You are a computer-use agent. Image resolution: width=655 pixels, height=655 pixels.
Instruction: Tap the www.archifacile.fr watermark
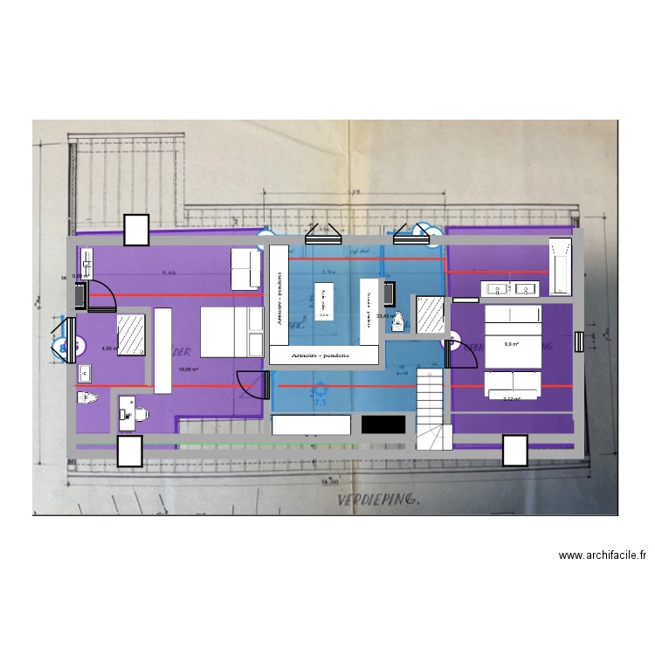[x=603, y=555]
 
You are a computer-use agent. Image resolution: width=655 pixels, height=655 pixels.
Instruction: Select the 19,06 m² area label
[x=188, y=369]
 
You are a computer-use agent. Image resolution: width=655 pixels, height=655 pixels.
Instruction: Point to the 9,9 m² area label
[x=512, y=343]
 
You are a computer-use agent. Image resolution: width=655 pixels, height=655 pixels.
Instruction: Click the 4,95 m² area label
[x=108, y=348]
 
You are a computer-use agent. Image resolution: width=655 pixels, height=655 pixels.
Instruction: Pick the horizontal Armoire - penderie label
[x=324, y=355]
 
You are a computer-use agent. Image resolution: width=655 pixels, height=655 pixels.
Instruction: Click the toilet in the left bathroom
[x=85, y=398]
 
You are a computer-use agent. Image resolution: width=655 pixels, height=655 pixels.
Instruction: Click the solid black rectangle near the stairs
[x=383, y=424]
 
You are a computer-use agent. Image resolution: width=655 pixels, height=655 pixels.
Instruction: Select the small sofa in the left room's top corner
[x=245, y=268]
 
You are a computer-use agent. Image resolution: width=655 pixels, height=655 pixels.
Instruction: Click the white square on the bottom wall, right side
[x=515, y=451]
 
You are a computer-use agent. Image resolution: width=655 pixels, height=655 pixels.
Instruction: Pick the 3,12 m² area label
[x=512, y=399]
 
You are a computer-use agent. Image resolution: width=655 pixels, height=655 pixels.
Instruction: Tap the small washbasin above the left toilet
[x=85, y=374]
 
